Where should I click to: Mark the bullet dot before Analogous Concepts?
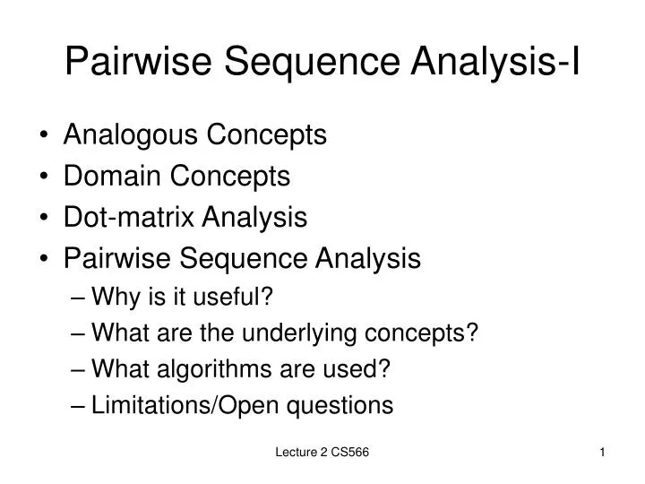46,137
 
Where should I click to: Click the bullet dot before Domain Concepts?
46,178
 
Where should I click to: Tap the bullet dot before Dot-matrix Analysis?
46,219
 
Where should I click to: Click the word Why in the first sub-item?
114,297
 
